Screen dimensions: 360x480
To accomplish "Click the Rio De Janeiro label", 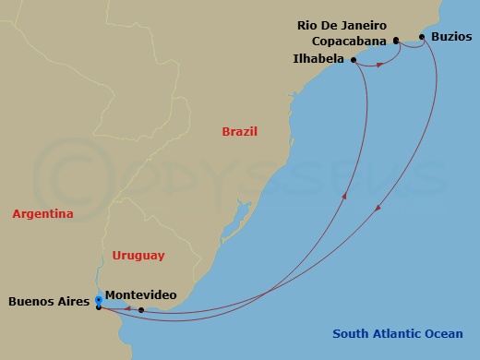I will pyautogui.click(x=341, y=25).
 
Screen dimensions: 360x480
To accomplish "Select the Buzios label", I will pyautogui.click(x=450, y=37).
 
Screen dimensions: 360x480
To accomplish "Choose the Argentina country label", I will pyautogui.click(x=42, y=214).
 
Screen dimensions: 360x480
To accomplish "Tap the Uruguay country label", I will pyautogui.click(x=138, y=255).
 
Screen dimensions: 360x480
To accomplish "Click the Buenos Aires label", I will pyautogui.click(x=48, y=301).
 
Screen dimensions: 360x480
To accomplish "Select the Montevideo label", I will pyautogui.click(x=141, y=294).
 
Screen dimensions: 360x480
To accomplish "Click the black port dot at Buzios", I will pyautogui.click(x=422, y=37).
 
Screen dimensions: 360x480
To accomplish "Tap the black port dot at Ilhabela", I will pyautogui.click(x=354, y=59).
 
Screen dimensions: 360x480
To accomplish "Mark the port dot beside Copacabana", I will pyautogui.click(x=396, y=41).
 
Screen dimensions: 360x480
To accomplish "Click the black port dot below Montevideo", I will pyautogui.click(x=141, y=310).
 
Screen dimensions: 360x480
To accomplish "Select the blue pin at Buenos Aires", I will pyautogui.click(x=99, y=300).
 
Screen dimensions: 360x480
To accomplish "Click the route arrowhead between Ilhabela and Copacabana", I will pyautogui.click(x=379, y=65).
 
